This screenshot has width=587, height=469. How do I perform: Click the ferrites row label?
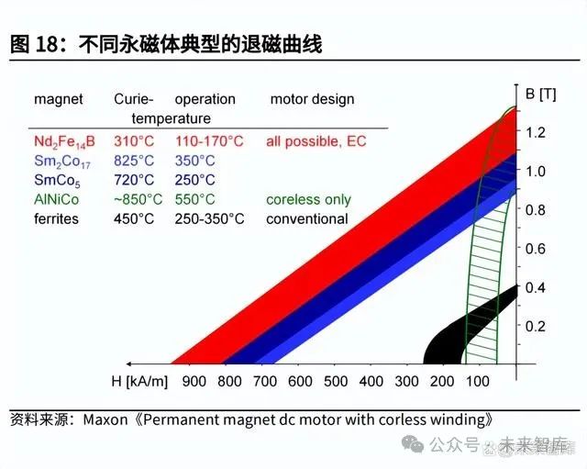(x=56, y=218)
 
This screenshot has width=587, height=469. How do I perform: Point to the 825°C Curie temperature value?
(x=134, y=161)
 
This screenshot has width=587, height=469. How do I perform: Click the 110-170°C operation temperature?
(x=209, y=141)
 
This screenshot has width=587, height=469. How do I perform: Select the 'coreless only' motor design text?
(x=308, y=199)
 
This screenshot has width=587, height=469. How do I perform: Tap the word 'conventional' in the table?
(x=307, y=218)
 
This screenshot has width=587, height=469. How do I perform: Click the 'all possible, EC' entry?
(x=314, y=141)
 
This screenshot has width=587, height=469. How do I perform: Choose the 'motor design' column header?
(x=312, y=99)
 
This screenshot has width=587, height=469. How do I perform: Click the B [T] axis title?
(x=541, y=94)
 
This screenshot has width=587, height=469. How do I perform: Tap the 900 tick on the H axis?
(x=194, y=381)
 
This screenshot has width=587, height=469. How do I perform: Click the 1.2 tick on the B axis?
(x=537, y=132)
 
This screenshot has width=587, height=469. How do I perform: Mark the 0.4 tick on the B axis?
(x=537, y=287)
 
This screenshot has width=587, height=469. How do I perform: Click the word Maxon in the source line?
(x=107, y=419)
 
